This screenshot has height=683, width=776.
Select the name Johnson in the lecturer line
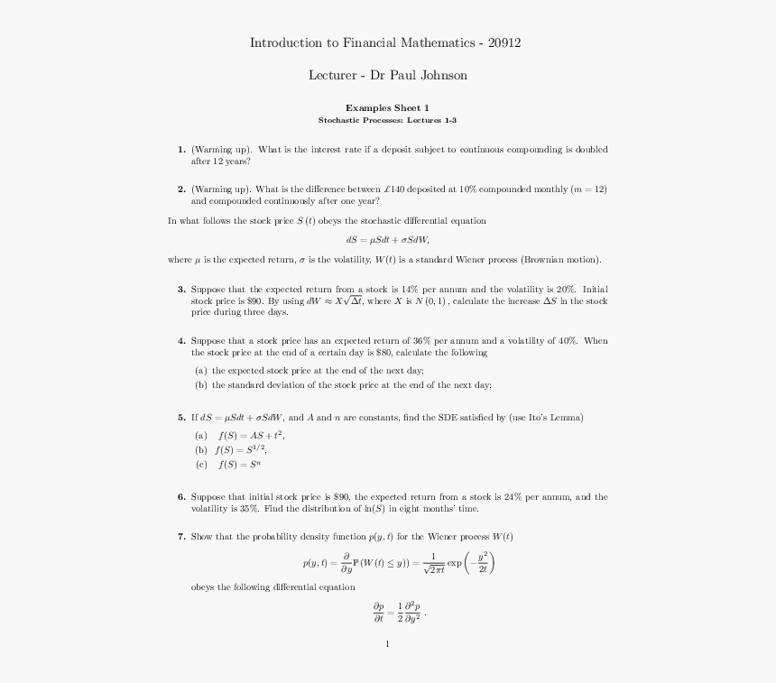click(440, 75)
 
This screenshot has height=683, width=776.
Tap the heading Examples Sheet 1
click(387, 107)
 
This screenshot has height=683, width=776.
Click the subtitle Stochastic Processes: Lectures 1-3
click(387, 120)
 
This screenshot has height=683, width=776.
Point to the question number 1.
click(181, 150)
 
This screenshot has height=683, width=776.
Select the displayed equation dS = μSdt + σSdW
click(387, 240)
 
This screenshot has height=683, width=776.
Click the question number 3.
click(181, 290)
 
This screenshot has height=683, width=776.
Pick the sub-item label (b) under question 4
click(200, 385)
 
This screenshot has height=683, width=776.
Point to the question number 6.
click(181, 497)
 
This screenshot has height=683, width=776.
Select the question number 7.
click(181, 537)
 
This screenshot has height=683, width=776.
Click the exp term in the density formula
click(454, 564)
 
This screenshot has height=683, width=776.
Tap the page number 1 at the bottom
click(387, 644)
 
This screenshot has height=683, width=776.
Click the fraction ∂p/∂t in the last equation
click(379, 613)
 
